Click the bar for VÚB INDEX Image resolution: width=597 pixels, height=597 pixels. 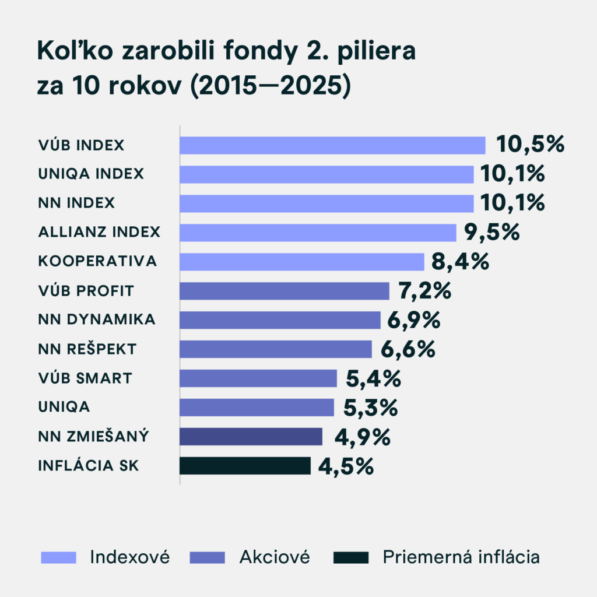pos(332,145)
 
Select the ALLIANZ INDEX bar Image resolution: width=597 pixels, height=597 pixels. pos(318,233)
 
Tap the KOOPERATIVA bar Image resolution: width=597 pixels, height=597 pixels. pos(302,262)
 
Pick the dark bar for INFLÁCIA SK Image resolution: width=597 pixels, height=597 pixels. pos(245,466)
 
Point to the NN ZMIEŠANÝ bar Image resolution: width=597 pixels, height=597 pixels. pos(251,437)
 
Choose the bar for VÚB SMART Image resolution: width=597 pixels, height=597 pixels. pos(258,378)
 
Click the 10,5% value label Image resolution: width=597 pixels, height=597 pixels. pos(530,145)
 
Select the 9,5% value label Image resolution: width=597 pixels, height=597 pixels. pos(491,233)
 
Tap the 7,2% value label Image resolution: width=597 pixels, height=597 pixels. pos(424,291)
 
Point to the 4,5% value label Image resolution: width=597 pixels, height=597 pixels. pos(346,466)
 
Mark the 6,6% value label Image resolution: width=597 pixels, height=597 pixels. pos(408,349)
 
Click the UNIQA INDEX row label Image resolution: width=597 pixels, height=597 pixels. pos(91,174)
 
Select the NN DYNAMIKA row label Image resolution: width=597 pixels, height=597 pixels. pos(97,319)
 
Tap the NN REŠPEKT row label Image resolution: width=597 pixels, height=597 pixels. pos(87,349)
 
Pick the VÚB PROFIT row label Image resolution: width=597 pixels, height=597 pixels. pos(86,290)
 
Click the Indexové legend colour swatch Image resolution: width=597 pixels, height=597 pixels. pos(59,557)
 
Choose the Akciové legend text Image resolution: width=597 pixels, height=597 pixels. pos(275,557)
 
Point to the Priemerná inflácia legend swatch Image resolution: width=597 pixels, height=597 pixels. pos(352,557)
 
